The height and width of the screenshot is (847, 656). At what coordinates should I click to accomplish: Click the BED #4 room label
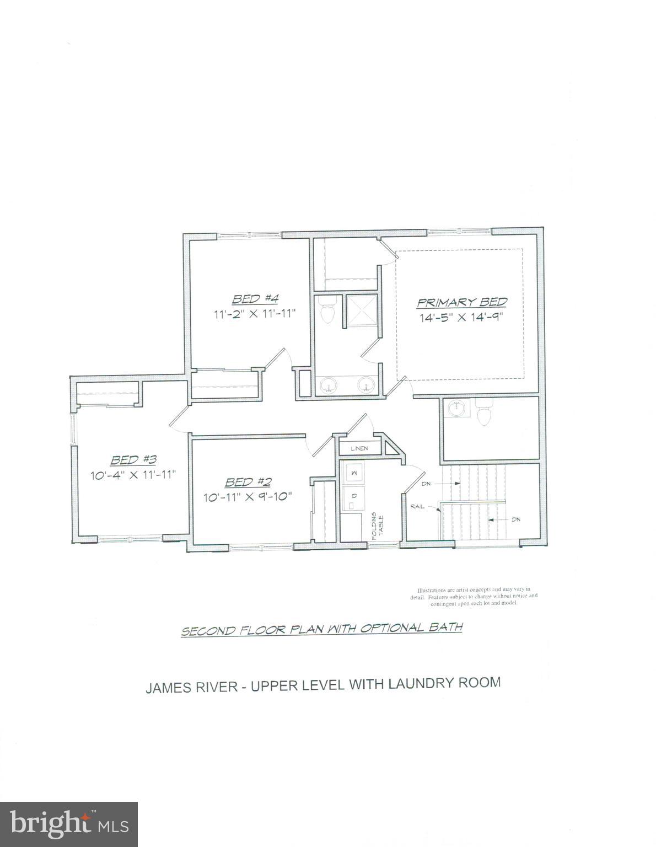pyautogui.click(x=255, y=299)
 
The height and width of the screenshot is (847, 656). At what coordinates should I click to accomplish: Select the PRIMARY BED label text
pyautogui.click(x=461, y=302)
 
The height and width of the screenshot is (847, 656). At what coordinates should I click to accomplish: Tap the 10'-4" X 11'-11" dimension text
pyautogui.click(x=133, y=474)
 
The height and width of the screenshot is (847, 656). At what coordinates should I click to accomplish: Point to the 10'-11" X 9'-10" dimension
pyautogui.click(x=247, y=496)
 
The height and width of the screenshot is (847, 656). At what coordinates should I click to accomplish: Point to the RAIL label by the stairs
pyautogui.click(x=417, y=506)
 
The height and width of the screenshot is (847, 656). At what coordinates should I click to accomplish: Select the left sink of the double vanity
pyautogui.click(x=328, y=384)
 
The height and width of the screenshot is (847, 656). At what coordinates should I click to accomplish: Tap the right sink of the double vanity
pyautogui.click(x=365, y=384)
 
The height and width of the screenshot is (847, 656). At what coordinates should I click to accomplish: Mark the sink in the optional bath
pyautogui.click(x=456, y=409)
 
